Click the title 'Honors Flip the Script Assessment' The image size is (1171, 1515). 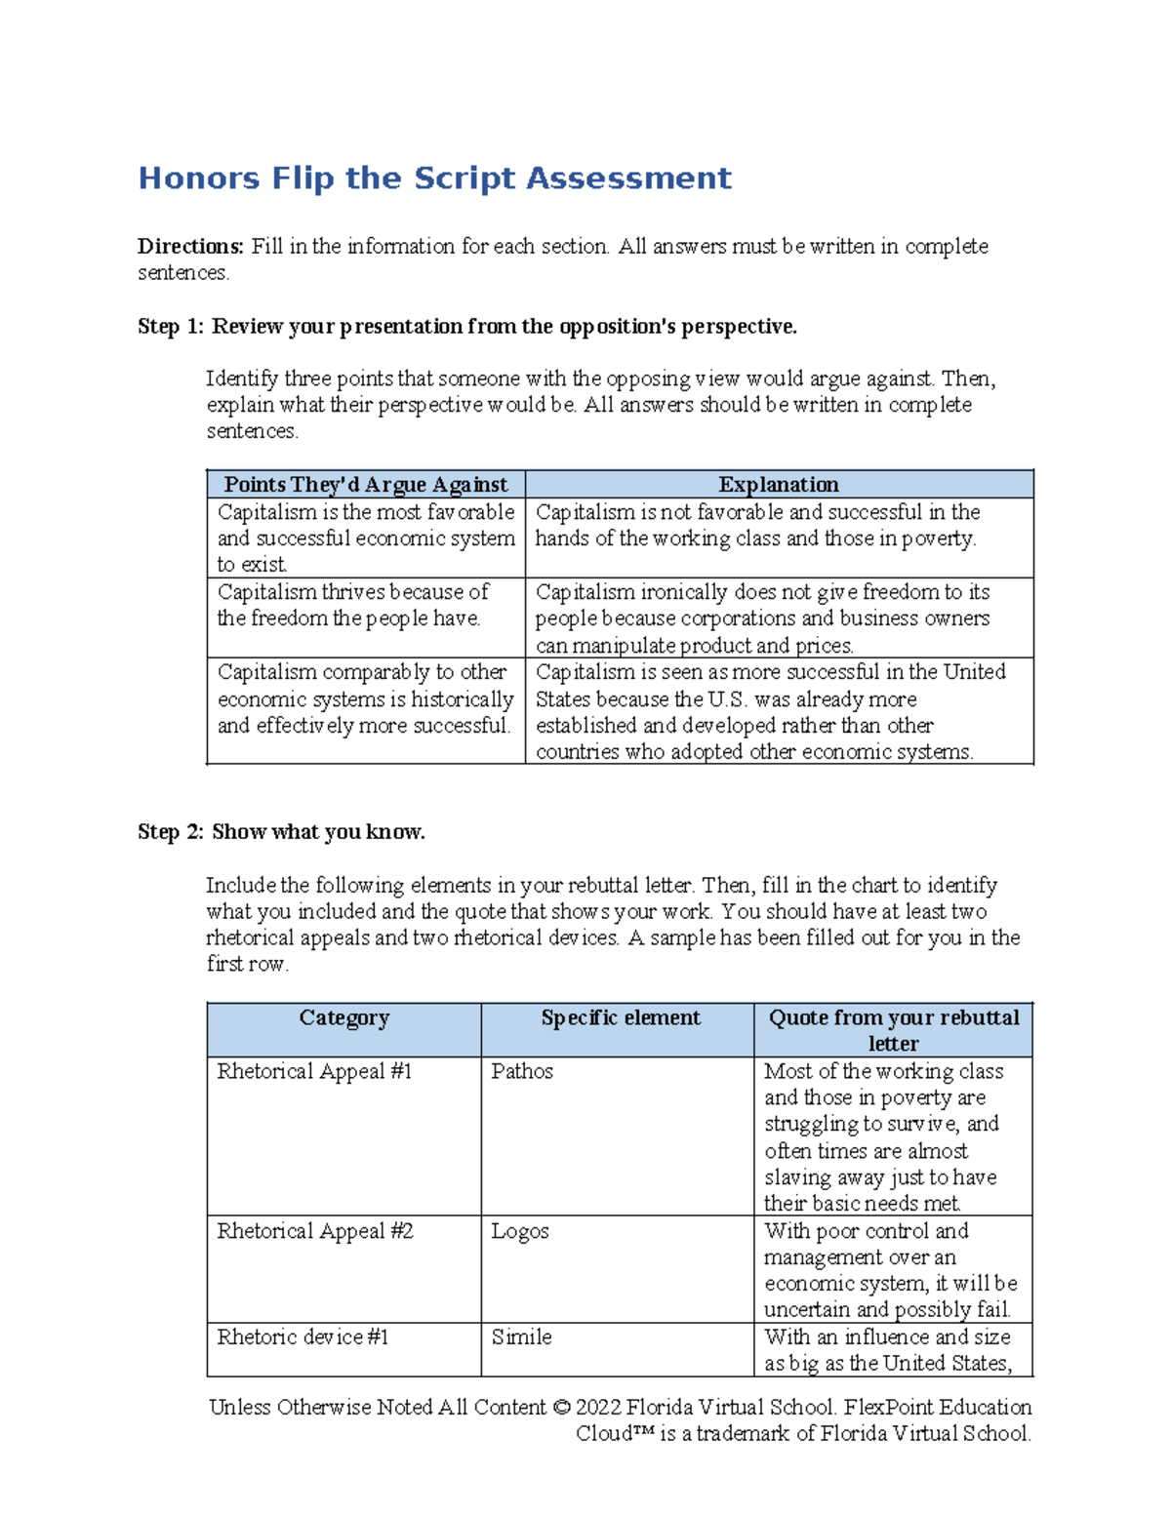pyautogui.click(x=434, y=179)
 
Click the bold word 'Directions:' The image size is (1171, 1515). pyautogui.click(x=190, y=247)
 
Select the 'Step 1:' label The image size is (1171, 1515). pyautogui.click(x=171, y=327)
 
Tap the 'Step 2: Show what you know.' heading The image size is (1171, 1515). pyautogui.click(x=281, y=832)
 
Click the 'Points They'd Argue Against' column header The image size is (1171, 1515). pyautogui.click(x=366, y=485)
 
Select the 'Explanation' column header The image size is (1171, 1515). pyautogui.click(x=778, y=485)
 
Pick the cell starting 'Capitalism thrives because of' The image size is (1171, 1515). pyautogui.click(x=353, y=605)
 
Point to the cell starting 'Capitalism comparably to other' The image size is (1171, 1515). pyautogui.click(x=365, y=698)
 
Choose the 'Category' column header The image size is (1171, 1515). pyautogui.click(x=343, y=1018)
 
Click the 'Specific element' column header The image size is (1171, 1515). pyautogui.click(x=621, y=1018)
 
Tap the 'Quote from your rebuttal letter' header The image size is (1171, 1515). pyautogui.click(x=893, y=1030)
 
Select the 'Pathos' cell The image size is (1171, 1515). pyautogui.click(x=522, y=1071)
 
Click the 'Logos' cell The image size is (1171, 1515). pyautogui.click(x=519, y=1231)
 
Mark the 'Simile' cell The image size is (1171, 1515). pyautogui.click(x=521, y=1337)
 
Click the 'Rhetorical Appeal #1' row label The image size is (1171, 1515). pyautogui.click(x=314, y=1071)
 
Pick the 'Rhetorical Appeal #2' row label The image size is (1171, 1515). pyautogui.click(x=315, y=1231)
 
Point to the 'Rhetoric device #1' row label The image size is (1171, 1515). pyautogui.click(x=303, y=1337)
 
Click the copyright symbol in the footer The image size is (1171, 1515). pyautogui.click(x=560, y=1408)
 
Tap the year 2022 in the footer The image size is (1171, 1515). pyautogui.click(x=597, y=1408)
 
